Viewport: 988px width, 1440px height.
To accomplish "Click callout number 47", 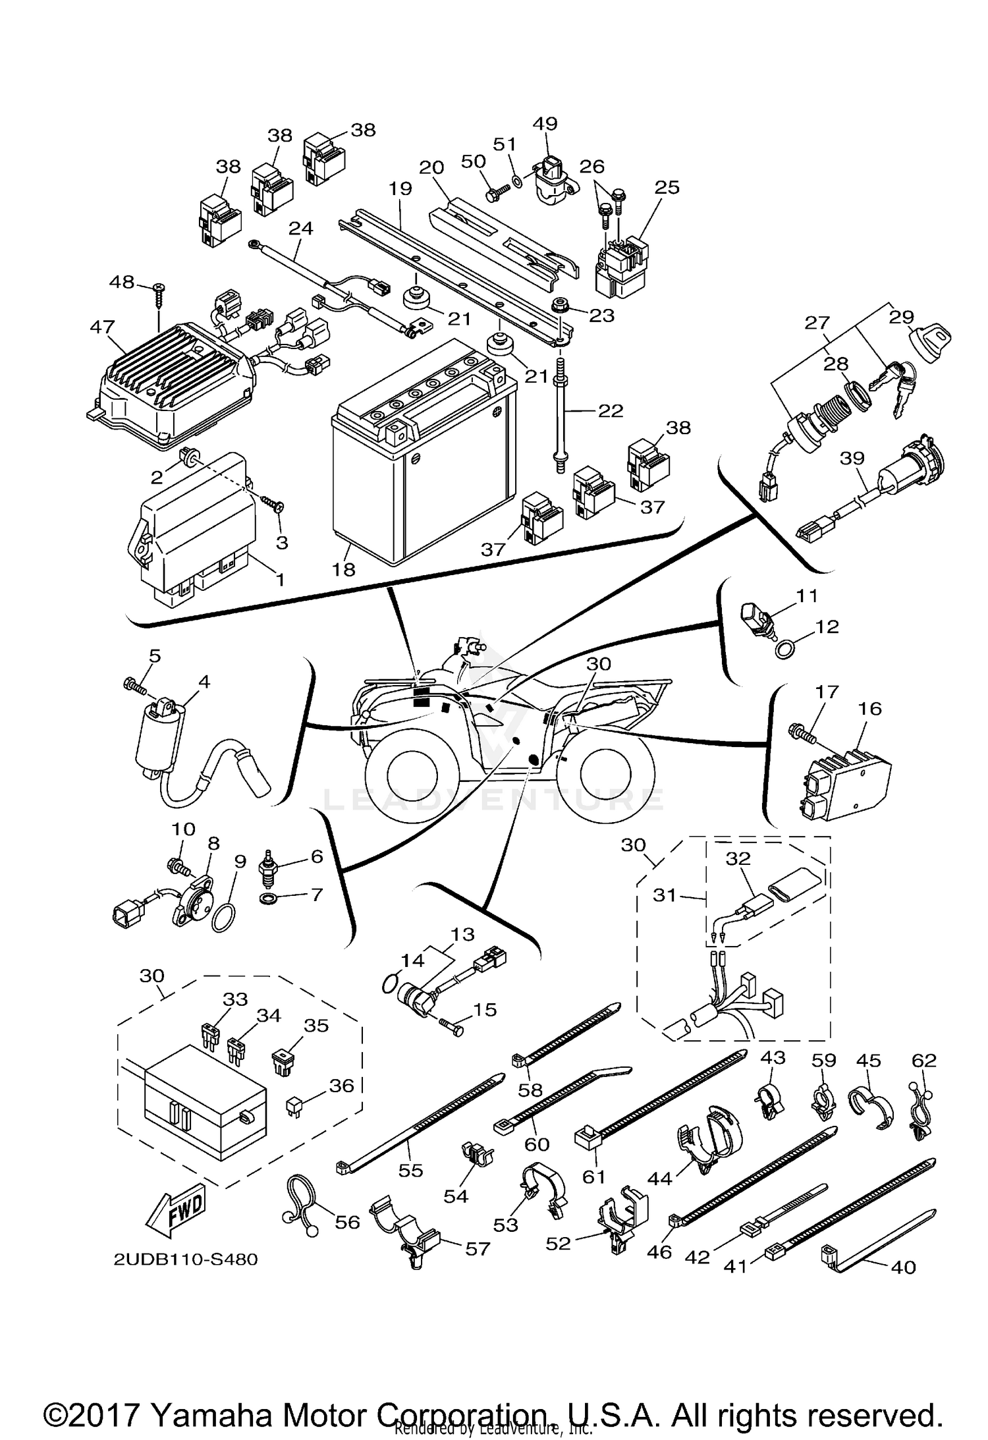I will tap(102, 327).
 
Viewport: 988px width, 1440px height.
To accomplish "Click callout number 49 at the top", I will tap(545, 124).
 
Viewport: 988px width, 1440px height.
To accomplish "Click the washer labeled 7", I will tap(270, 899).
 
